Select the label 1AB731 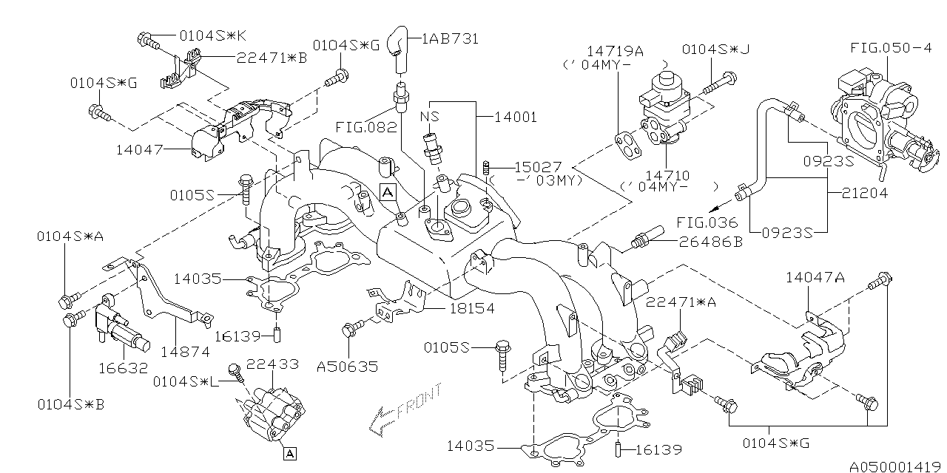coord(451,38)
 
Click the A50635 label coord(347,367)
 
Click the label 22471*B coord(272,56)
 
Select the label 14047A coord(815,277)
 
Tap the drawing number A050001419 coord(896,467)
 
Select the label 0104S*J coord(715,50)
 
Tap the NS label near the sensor coord(430,117)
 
